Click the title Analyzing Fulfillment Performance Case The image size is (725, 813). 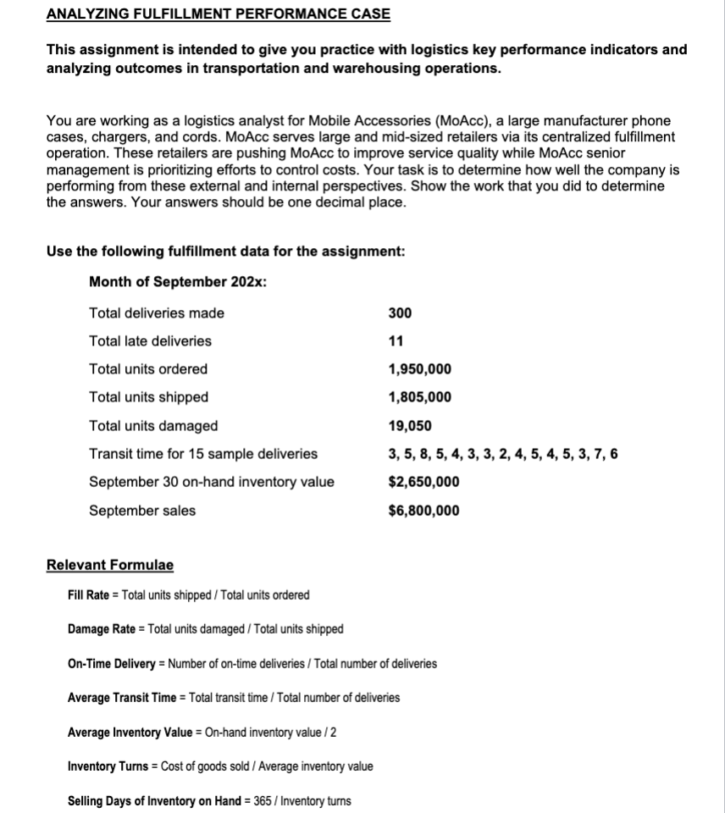tap(218, 14)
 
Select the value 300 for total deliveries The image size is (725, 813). tap(400, 313)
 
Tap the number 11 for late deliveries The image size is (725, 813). tap(396, 341)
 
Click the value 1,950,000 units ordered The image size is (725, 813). tap(419, 369)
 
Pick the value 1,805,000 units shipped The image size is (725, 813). tap(419, 397)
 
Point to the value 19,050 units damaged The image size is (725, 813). tap(410, 426)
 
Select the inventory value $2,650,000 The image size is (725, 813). tap(423, 482)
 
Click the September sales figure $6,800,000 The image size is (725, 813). tap(423, 510)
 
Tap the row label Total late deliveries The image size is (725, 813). tap(150, 341)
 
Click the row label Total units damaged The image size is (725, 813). tap(153, 426)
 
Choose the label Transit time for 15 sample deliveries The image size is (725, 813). tap(203, 454)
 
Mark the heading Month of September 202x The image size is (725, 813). tap(178, 281)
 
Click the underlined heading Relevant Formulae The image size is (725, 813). tap(109, 565)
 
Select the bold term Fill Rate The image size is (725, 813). tap(88, 595)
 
